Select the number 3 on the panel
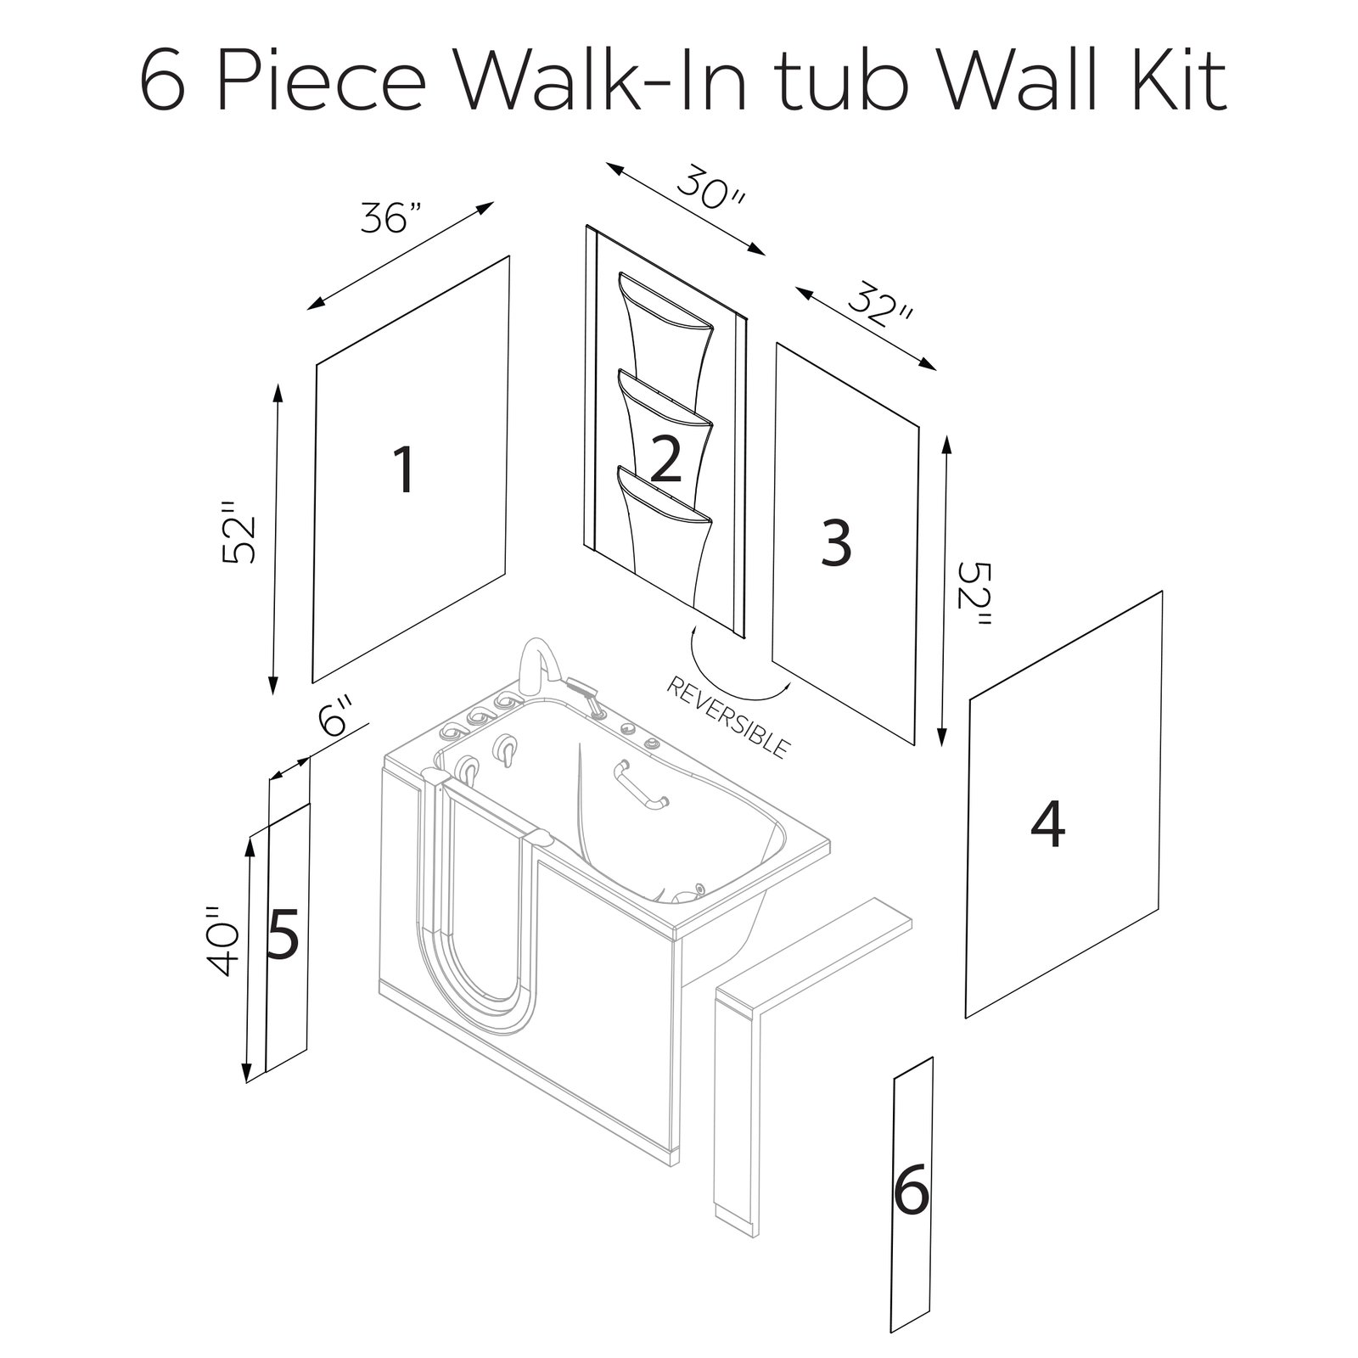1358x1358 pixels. coord(836,543)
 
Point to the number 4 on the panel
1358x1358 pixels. coord(1047,825)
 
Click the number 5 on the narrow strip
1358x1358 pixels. coord(283,934)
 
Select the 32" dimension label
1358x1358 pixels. coord(879,311)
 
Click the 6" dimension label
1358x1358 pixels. coord(334,717)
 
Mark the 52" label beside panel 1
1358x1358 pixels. coord(238,532)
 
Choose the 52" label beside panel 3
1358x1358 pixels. coord(972,593)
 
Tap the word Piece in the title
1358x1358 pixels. coord(331,82)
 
